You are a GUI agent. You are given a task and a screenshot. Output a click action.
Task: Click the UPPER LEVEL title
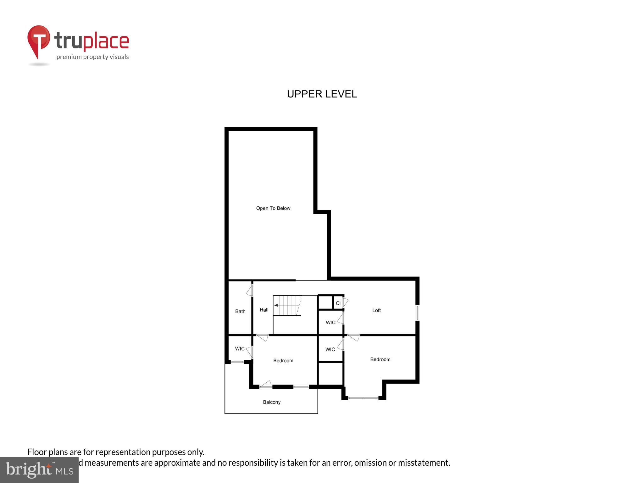click(322, 94)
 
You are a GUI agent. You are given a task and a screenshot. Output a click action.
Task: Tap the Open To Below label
click(273, 208)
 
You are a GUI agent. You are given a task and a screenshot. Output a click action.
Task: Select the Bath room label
click(240, 311)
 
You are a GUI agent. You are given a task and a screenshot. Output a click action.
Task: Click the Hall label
click(264, 310)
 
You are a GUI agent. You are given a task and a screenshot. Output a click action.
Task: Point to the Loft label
click(376, 310)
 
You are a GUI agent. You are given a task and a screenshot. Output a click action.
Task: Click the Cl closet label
click(338, 303)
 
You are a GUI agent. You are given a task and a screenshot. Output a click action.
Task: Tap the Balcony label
click(272, 402)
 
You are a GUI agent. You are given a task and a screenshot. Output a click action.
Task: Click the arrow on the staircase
click(276, 305)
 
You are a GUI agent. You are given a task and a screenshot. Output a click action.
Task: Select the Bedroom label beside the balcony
click(283, 360)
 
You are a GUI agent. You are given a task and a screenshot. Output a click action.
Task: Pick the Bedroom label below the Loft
click(380, 359)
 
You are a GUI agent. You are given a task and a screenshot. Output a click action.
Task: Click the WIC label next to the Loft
click(330, 322)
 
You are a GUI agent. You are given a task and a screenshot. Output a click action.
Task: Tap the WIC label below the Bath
click(240, 348)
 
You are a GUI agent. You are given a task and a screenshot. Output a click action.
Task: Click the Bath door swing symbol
click(250, 290)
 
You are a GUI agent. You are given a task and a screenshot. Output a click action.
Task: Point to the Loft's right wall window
click(417, 313)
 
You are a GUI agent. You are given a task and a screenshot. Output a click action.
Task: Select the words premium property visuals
click(92, 57)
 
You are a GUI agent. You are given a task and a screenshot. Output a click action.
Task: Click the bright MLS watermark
click(39, 470)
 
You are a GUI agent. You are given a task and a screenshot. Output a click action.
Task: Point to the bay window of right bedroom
click(363, 398)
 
